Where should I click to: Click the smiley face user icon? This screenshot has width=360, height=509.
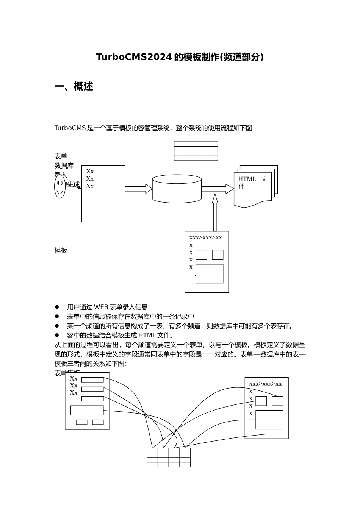(x=60, y=186)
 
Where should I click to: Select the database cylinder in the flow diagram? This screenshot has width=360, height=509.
(x=177, y=189)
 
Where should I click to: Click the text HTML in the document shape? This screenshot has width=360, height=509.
(x=247, y=179)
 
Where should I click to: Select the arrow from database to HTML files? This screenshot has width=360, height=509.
(x=218, y=189)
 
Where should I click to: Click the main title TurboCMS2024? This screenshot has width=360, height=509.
(x=135, y=57)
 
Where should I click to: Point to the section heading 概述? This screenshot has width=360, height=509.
(x=83, y=86)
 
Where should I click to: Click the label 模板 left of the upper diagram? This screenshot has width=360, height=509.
(x=61, y=250)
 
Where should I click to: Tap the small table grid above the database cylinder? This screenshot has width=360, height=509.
(x=196, y=151)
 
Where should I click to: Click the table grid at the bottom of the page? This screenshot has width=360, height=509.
(x=169, y=457)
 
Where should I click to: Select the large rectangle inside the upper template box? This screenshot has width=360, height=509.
(x=209, y=273)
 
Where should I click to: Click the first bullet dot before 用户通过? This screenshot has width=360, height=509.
(x=57, y=307)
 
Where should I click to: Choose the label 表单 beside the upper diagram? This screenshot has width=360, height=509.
(x=61, y=156)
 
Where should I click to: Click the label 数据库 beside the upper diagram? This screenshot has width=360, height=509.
(x=64, y=166)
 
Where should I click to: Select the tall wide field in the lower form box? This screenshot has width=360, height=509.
(x=87, y=410)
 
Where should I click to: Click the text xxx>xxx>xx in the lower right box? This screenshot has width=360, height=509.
(x=265, y=384)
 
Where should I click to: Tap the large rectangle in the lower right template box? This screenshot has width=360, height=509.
(x=269, y=420)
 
